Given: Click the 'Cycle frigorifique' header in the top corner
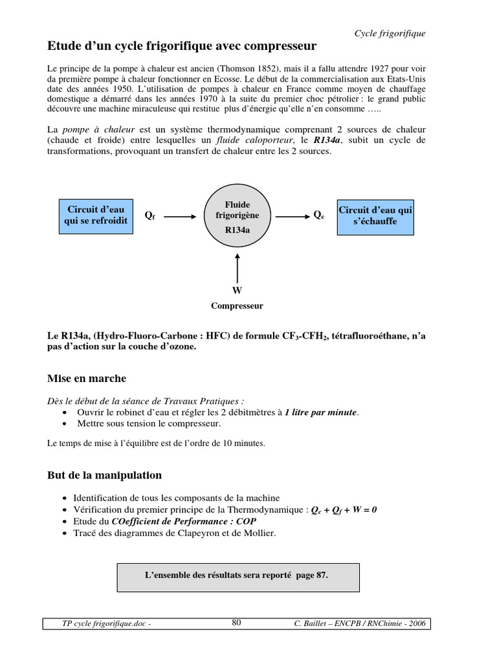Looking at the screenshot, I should [x=390, y=34].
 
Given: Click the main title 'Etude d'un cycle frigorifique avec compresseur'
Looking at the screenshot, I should [x=182, y=47].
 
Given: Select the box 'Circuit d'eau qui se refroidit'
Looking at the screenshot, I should [x=96, y=216].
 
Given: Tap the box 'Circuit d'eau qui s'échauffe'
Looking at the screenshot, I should [x=375, y=216].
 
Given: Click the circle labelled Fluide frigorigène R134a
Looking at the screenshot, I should [x=237, y=216].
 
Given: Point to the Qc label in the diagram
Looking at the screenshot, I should [x=319, y=214].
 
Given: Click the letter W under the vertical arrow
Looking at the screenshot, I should [x=237, y=291].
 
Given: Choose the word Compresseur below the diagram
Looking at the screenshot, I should [x=237, y=306].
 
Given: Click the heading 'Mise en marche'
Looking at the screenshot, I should [x=87, y=378].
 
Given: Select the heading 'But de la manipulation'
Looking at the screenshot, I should [x=104, y=475].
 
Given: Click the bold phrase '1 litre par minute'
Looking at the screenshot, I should [x=320, y=412].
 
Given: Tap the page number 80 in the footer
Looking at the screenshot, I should [x=236, y=623].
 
